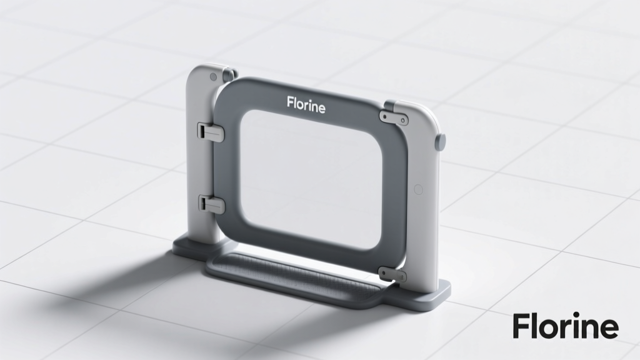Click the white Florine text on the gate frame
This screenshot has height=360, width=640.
[x=306, y=105]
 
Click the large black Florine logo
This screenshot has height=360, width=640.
[x=566, y=325]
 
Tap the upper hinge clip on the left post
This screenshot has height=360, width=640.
[x=211, y=132]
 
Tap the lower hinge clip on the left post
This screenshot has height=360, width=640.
[x=211, y=204]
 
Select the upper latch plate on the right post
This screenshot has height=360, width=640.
[x=394, y=118]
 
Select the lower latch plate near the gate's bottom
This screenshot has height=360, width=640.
[x=392, y=274]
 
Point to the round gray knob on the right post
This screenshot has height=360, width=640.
[x=441, y=141]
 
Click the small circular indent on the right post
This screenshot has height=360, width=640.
[x=418, y=189]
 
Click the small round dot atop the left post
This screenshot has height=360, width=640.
[x=213, y=77]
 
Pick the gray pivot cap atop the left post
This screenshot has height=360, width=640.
[x=229, y=74]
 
